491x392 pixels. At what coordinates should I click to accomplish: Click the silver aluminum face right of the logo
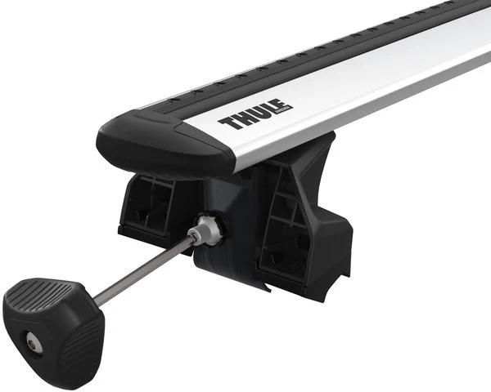pyautogui.click(x=368, y=82)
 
